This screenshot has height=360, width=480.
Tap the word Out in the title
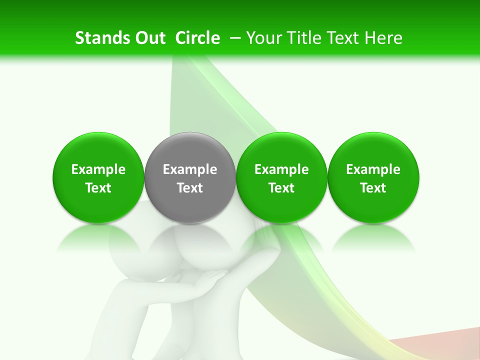tap(149, 38)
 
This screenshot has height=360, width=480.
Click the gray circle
tap(190, 150)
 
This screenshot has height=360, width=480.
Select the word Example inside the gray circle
tap(190, 169)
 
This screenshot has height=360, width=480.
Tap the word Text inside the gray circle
tap(190, 188)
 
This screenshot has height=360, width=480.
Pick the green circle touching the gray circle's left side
tap(98, 150)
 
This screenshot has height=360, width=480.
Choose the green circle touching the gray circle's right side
tap(281, 150)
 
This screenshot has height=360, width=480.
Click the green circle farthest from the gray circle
tap(373, 150)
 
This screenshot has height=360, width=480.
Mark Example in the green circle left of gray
tap(98, 169)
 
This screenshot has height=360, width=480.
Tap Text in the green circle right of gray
tap(281, 188)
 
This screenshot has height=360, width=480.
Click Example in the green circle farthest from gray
tap(373, 169)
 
